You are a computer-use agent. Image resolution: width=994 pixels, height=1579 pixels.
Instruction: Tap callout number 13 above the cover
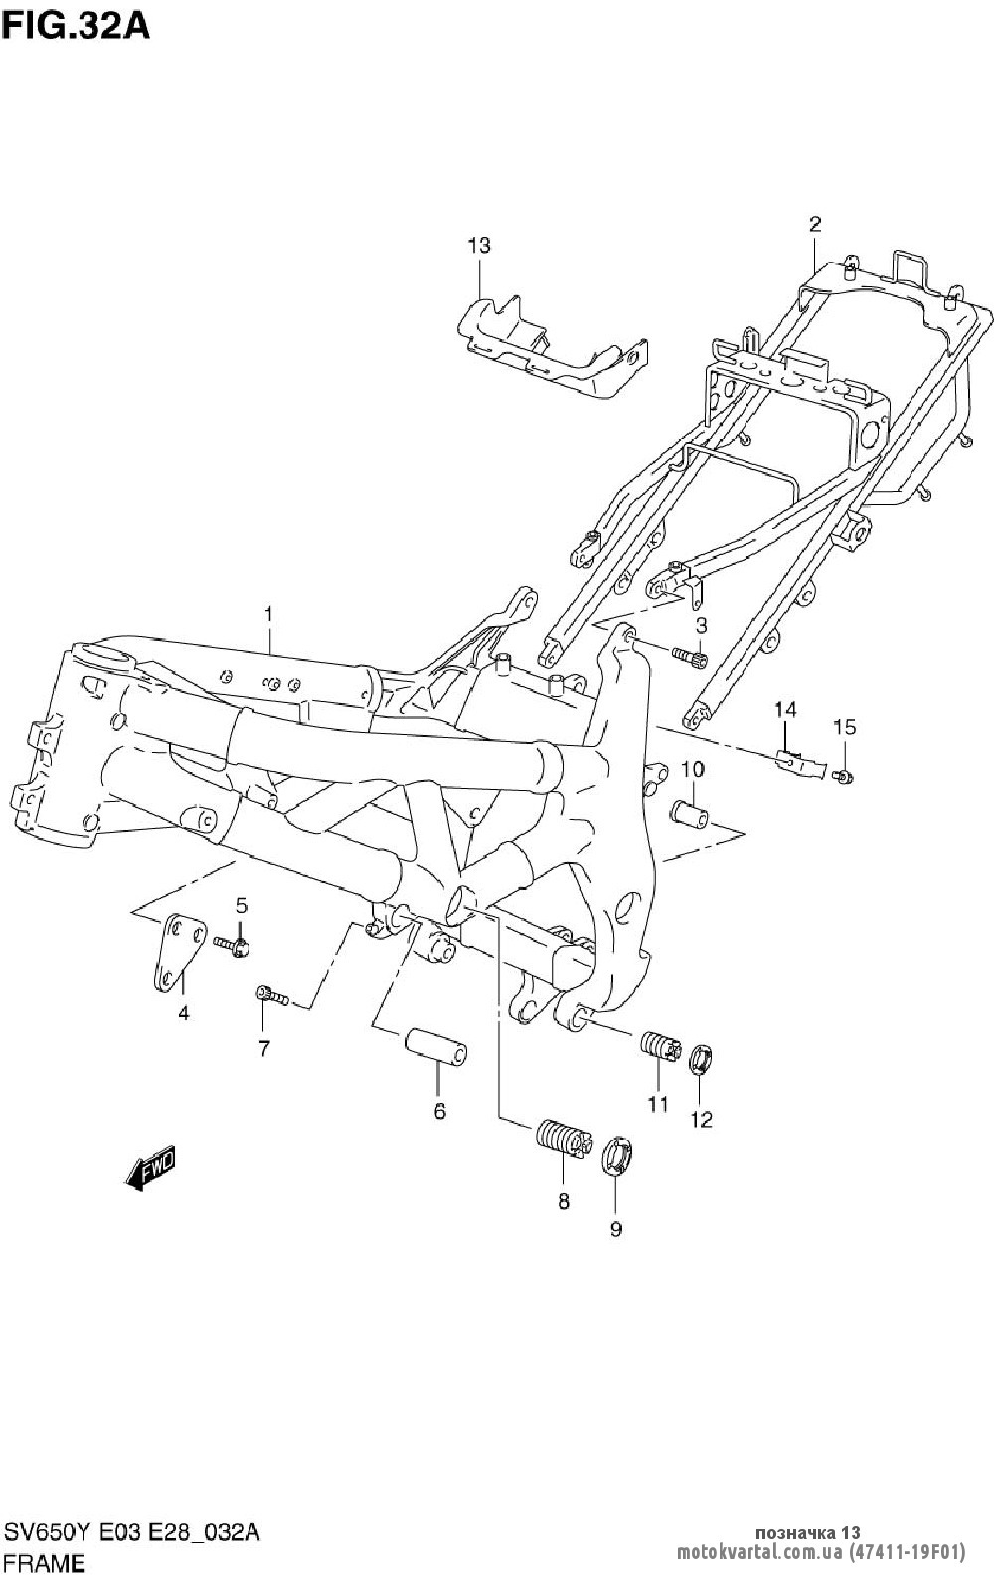click(x=479, y=245)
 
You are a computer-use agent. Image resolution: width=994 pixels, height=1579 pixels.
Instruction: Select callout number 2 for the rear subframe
click(x=815, y=224)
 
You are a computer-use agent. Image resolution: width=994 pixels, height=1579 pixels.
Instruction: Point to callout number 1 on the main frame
click(x=268, y=614)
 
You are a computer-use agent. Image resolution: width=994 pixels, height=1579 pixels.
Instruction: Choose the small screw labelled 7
click(x=270, y=995)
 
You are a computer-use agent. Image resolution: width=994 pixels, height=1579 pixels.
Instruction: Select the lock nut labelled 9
click(x=617, y=1157)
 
